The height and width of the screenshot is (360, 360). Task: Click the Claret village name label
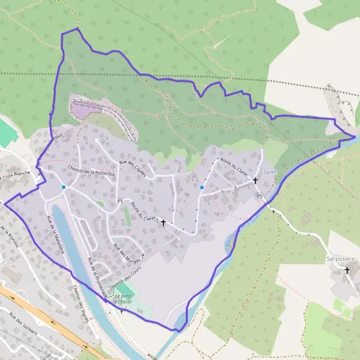click(268, 172)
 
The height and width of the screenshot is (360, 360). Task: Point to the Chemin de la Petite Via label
click(88, 170)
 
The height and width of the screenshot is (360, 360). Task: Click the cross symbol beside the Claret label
click(255, 180)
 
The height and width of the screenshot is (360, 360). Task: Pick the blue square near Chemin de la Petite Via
click(64, 187)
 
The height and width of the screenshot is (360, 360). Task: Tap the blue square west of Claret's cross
click(202, 187)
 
